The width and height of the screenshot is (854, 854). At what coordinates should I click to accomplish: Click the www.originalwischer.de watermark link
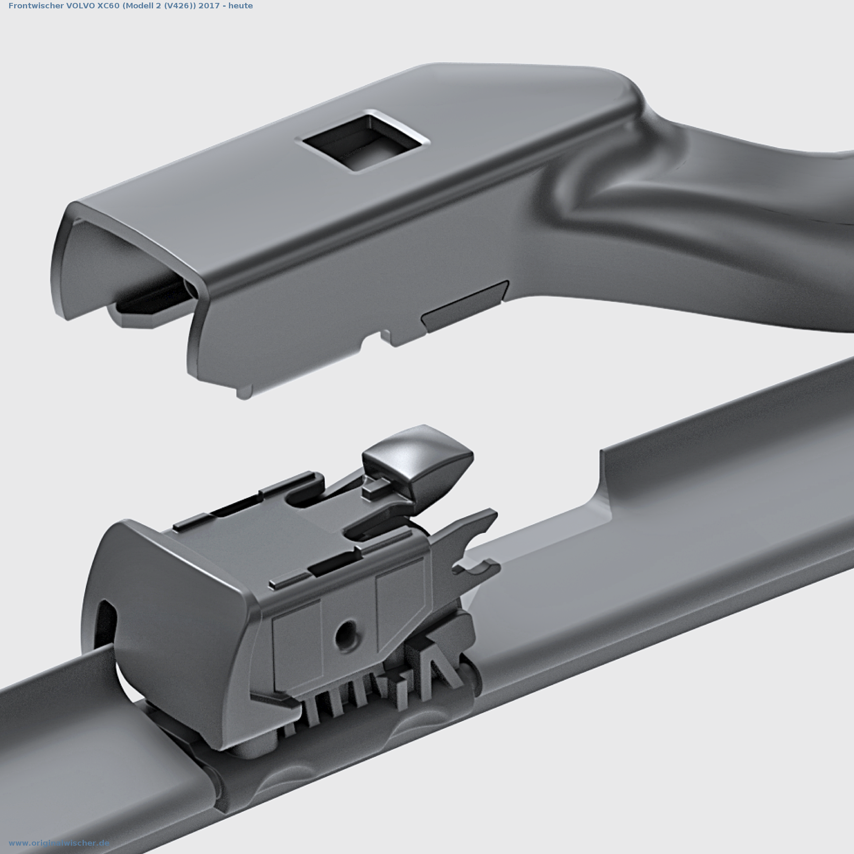(59, 843)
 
